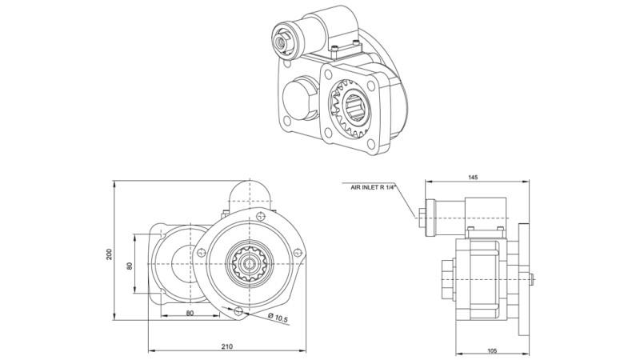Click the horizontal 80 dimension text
pyautogui.click(x=190, y=314)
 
